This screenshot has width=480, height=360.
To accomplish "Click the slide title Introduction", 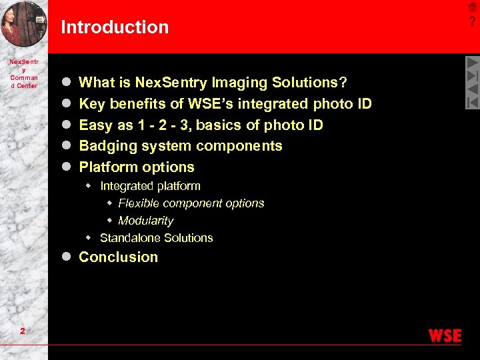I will (115, 27).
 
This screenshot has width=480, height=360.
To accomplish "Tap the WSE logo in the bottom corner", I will (445, 335).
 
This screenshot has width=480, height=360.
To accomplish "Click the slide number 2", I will (23, 332).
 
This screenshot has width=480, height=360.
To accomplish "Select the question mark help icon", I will (473, 22).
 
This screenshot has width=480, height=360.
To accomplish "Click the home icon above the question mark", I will (473, 7).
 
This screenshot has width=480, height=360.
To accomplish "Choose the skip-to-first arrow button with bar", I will (472, 102).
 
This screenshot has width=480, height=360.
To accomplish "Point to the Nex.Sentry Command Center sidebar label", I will (24, 73).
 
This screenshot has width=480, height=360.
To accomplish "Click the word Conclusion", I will (119, 257).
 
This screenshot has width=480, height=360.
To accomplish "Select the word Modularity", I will (145, 221).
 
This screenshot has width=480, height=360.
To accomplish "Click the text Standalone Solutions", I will (156, 238).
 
